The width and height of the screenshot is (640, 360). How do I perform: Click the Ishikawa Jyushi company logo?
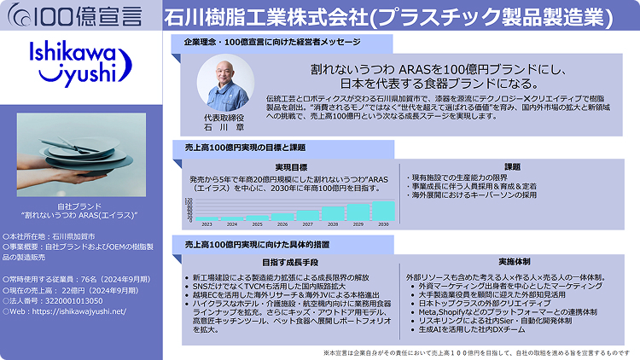coord(79,62)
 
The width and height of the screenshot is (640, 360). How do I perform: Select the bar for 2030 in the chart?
coord(383,210)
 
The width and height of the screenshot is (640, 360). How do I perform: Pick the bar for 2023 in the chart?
coord(207,218)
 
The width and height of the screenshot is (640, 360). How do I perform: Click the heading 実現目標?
coord(291,166)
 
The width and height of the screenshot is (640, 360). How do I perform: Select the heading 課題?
coord(512,166)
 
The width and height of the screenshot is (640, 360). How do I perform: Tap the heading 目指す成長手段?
coord(289,263)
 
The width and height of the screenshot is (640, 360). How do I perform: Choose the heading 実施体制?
coord(514,263)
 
